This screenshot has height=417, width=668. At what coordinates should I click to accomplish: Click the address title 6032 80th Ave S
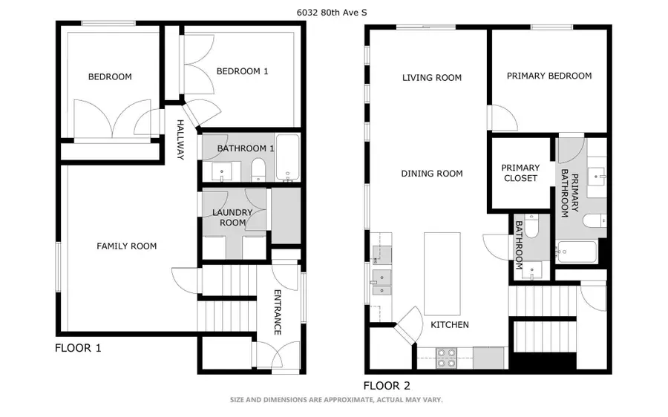(x=332, y=13)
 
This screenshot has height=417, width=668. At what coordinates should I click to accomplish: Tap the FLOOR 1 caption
(x=78, y=348)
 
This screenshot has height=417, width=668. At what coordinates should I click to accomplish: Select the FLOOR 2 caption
(x=387, y=386)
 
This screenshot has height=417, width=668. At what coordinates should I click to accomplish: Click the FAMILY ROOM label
(x=126, y=246)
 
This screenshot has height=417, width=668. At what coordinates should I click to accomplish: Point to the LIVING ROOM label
(x=432, y=77)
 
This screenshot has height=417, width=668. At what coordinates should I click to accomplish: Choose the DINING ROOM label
(x=432, y=174)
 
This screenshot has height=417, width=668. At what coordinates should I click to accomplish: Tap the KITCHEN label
(x=450, y=324)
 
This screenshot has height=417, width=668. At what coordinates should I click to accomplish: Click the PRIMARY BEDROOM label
(x=549, y=76)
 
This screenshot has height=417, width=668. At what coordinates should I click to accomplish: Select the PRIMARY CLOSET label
(x=520, y=173)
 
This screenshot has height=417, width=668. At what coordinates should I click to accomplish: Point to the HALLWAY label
(x=180, y=139)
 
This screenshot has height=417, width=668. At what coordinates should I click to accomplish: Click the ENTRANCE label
(x=277, y=312)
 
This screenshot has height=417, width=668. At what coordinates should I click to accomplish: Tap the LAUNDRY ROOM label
(x=232, y=217)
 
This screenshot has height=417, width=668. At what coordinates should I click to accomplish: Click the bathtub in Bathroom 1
(x=287, y=157)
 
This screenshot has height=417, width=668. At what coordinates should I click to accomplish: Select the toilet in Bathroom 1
(x=258, y=169)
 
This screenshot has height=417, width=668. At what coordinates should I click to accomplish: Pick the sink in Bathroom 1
(x=222, y=171)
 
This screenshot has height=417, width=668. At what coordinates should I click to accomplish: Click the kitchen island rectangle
(x=442, y=274)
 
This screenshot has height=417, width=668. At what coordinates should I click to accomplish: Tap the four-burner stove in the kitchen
(x=447, y=358)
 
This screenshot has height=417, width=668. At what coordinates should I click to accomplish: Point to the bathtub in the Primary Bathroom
(x=576, y=252)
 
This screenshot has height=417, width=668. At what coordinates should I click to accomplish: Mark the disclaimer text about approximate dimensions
(x=336, y=399)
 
